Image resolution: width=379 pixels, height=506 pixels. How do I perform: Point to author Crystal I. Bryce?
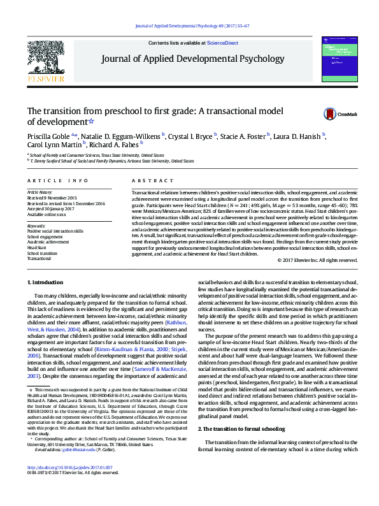coord(190,135)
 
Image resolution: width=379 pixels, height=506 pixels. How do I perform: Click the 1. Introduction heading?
coord(48,282)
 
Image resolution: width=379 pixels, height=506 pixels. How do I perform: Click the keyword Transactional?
coord(39,259)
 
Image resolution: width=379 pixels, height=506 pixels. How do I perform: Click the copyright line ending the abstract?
coord(312,260)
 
